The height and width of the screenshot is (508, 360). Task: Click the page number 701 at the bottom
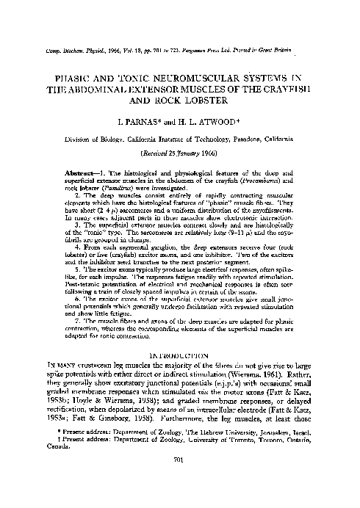(180, 481)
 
